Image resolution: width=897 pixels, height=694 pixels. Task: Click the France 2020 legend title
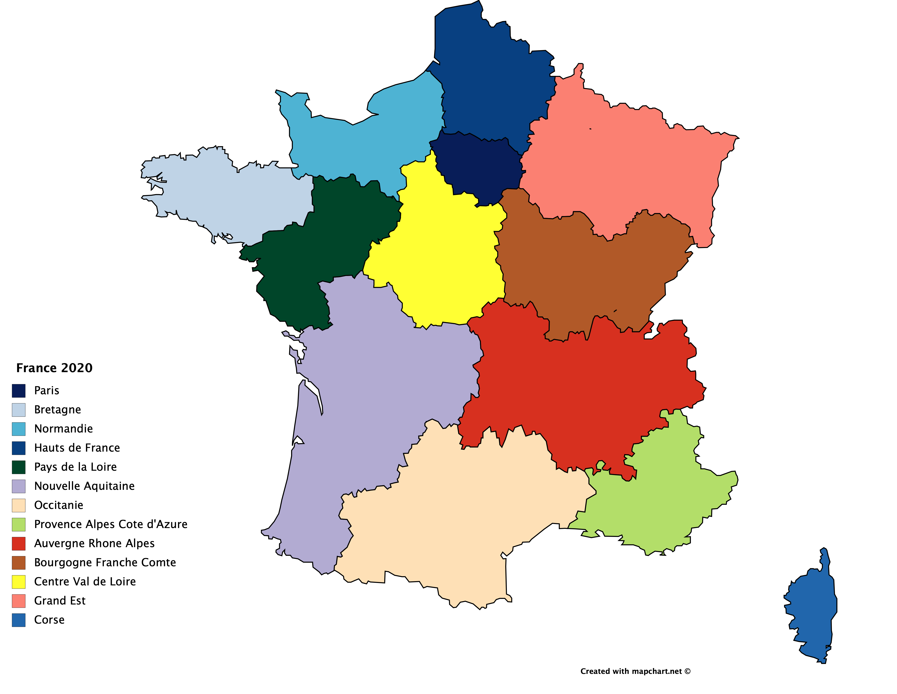pyautogui.click(x=54, y=368)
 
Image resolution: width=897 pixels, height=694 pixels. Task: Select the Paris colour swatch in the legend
pyautogui.click(x=18, y=391)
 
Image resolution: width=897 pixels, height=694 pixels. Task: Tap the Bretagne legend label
pyautogui.click(x=57, y=410)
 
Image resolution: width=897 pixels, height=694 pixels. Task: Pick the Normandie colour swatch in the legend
pyautogui.click(x=18, y=429)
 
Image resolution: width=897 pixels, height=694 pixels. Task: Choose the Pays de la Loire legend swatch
pyautogui.click(x=18, y=467)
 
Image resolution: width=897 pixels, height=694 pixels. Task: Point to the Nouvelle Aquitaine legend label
pyautogui.click(x=84, y=486)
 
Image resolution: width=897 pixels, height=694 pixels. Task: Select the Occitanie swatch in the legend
pyautogui.click(x=18, y=505)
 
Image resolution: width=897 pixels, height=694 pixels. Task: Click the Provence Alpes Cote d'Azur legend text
pyautogui.click(x=110, y=524)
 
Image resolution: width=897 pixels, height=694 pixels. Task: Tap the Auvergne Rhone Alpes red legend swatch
pyautogui.click(x=18, y=544)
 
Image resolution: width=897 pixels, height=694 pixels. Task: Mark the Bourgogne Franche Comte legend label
pyautogui.click(x=105, y=562)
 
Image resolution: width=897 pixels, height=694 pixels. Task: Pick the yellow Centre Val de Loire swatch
pyautogui.click(x=18, y=582)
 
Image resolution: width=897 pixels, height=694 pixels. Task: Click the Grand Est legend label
pyautogui.click(x=59, y=601)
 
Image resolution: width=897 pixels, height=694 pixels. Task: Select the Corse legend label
pyautogui.click(x=49, y=620)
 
